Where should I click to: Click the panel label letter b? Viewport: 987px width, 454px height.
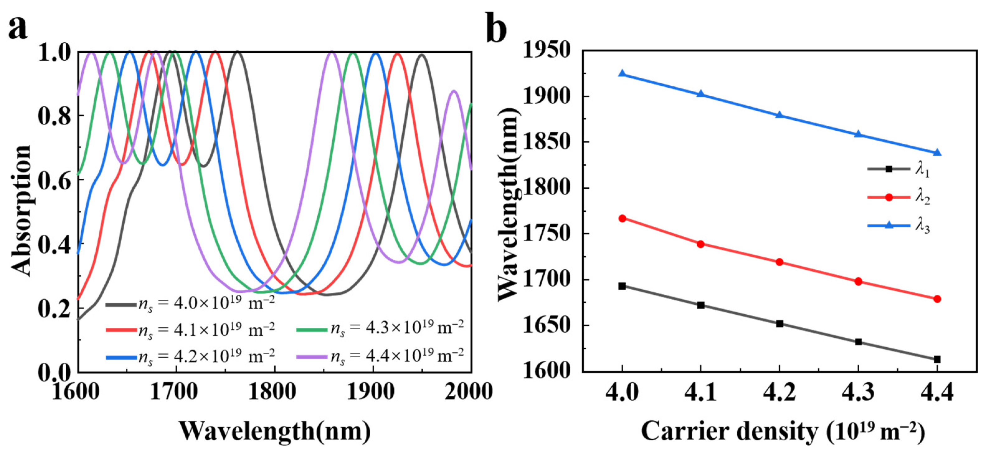click(496, 28)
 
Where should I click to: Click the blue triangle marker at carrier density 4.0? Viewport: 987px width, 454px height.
click(622, 74)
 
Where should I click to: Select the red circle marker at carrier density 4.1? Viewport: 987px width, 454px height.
click(701, 244)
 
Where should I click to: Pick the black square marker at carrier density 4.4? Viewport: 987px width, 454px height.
click(937, 359)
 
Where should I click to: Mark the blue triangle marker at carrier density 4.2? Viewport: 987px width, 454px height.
click(779, 115)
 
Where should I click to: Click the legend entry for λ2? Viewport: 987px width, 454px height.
click(899, 198)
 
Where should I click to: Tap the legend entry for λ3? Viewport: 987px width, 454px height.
click(899, 226)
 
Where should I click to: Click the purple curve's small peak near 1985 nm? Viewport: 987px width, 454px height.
click(454, 91)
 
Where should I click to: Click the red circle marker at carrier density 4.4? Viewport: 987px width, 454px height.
click(937, 299)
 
